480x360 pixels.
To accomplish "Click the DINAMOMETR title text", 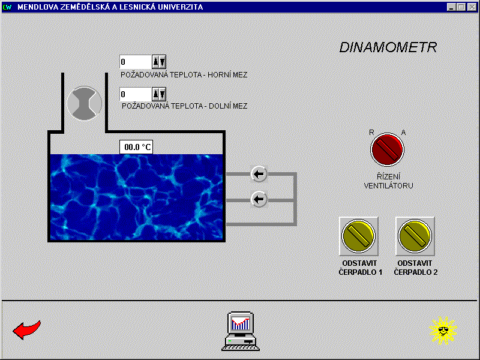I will [388, 47].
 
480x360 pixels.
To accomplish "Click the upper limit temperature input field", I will [135, 62].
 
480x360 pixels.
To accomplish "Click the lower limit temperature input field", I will [135, 94].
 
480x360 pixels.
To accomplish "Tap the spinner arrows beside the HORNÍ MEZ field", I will [158, 62].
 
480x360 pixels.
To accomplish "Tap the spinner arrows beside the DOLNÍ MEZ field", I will [158, 94].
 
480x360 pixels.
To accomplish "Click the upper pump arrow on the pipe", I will [259, 175].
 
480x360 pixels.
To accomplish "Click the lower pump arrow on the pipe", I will [259, 199].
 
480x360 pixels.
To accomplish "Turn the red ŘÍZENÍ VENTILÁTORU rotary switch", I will [388, 150].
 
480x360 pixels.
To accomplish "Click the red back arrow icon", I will [27, 329].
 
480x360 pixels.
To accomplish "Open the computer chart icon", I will [241, 331].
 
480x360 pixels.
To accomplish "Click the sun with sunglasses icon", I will [443, 330].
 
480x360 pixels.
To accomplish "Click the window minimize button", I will [452, 7].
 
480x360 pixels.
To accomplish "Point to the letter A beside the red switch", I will [403, 133].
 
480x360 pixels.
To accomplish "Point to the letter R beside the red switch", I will [372, 133].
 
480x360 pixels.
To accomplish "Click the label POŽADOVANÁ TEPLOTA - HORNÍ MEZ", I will [184, 75].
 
